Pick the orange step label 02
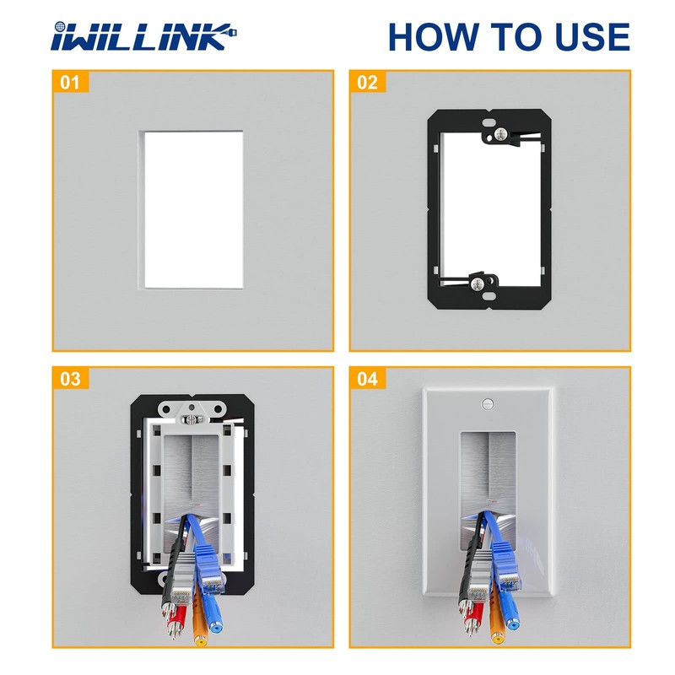368,83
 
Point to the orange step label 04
368,379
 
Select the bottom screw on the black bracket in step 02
478,282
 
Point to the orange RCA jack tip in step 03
201,638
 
